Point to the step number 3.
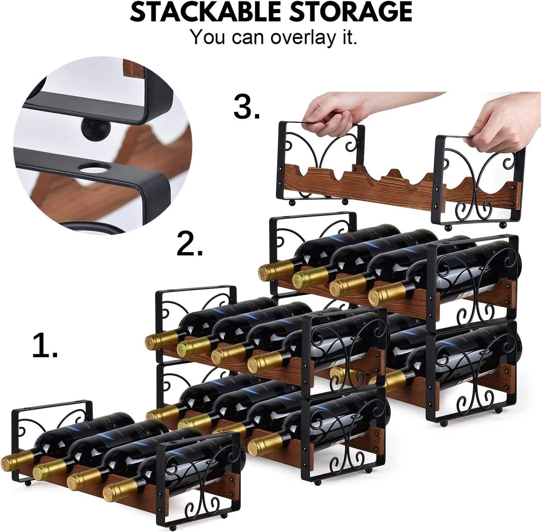click(247, 107)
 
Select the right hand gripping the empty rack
click(503, 124)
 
